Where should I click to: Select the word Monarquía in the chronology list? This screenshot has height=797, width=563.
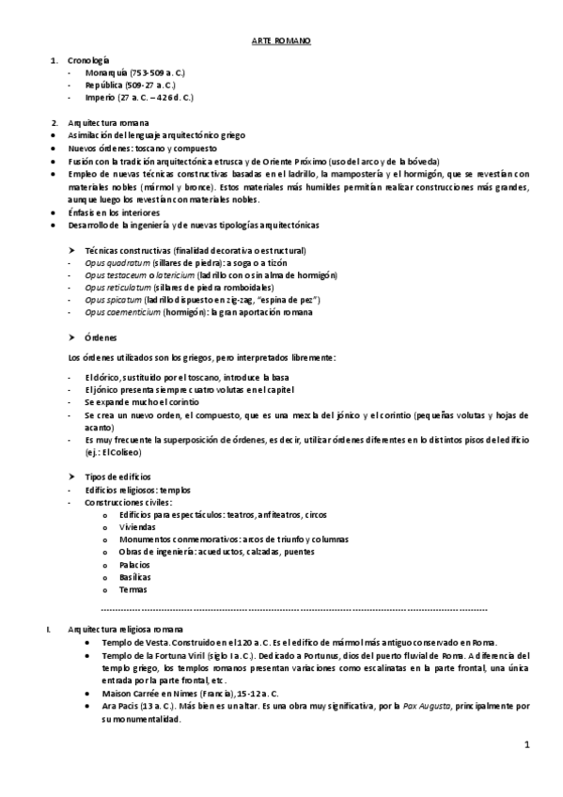(x=106, y=72)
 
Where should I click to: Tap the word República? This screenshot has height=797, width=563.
(x=103, y=85)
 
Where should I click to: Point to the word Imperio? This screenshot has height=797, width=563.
(x=100, y=97)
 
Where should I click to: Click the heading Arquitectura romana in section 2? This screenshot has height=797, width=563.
(x=107, y=124)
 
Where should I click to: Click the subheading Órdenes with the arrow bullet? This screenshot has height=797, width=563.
(x=102, y=337)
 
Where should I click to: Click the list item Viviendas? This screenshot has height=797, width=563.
(x=137, y=527)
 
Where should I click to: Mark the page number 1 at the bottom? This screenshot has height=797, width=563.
(x=527, y=745)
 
